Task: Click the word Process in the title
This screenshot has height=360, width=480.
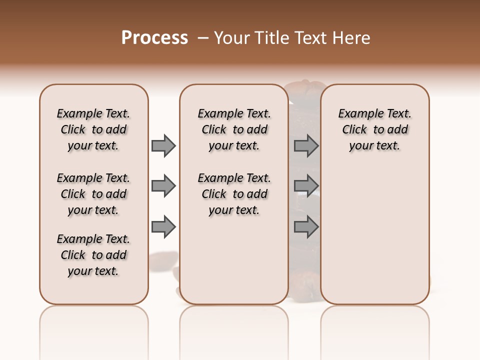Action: [154, 38]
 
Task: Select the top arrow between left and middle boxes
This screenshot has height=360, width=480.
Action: [163, 146]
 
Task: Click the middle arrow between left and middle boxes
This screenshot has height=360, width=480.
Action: [163, 186]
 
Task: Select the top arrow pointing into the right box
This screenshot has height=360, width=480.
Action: [306, 146]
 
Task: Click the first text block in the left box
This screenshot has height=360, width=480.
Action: [93, 129]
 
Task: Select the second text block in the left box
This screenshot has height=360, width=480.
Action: [93, 194]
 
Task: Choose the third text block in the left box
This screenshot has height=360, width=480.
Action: [93, 255]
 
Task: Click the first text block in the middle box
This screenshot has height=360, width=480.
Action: [234, 129]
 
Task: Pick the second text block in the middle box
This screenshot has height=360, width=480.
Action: [234, 194]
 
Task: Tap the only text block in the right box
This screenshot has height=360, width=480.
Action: [374, 129]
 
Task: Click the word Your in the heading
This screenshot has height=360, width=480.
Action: [232, 38]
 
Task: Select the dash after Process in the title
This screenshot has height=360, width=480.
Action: [203, 38]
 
